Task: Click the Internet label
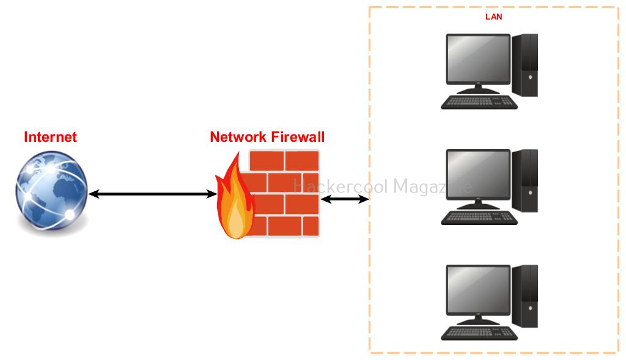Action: tap(50, 137)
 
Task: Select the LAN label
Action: tap(494, 17)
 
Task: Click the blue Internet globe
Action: tap(51, 190)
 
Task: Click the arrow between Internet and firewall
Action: tap(152, 194)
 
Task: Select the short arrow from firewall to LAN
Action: tap(345, 199)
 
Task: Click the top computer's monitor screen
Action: tap(478, 59)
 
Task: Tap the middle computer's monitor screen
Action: tap(478, 174)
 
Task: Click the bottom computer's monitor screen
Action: tap(478, 290)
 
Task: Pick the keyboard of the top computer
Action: tap(479, 102)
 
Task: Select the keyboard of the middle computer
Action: tap(479, 218)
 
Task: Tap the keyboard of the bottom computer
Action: tap(479, 333)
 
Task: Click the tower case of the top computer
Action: tap(525, 65)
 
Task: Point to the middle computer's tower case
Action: tap(525, 181)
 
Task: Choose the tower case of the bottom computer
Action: tap(525, 296)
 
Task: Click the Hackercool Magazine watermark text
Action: tap(383, 186)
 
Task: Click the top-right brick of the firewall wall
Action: tap(302, 161)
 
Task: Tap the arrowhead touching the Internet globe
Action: tap(94, 194)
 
